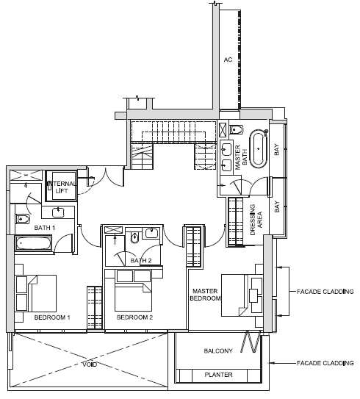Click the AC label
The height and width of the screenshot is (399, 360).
coord(228,60)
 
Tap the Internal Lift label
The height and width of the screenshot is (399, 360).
coord(62,187)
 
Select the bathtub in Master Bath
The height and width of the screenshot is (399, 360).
coord(259,149)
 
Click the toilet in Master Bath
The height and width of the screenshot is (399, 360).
coord(237,130)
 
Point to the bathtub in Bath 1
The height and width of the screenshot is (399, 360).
coord(33,243)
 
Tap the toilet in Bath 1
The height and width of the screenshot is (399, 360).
coord(22,218)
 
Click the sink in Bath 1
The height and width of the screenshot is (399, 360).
coord(59,212)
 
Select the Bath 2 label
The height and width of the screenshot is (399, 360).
coord(140,260)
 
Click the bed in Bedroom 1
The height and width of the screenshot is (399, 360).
coord(35,293)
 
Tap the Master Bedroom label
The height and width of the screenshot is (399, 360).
coord(205,295)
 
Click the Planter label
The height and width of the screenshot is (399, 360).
coord(218,375)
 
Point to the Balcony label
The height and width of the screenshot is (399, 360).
coord(218,351)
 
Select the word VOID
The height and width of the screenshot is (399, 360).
coord(90,364)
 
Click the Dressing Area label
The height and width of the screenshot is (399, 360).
coord(256,220)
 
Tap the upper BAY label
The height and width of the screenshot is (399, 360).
coord(276,149)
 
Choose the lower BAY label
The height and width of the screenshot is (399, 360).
coord(276,206)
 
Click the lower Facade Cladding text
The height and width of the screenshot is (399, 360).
coord(325,363)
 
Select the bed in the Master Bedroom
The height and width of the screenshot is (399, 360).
coord(242,295)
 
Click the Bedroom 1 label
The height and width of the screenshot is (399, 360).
coord(52,317)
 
